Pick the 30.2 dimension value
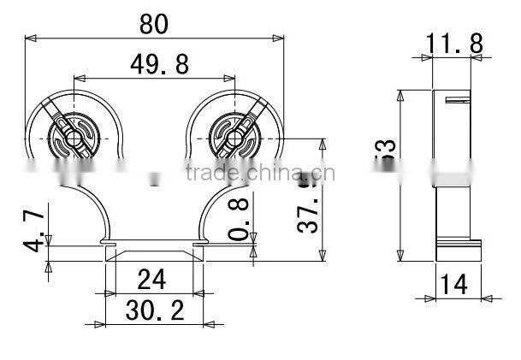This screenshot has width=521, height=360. [155, 309]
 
